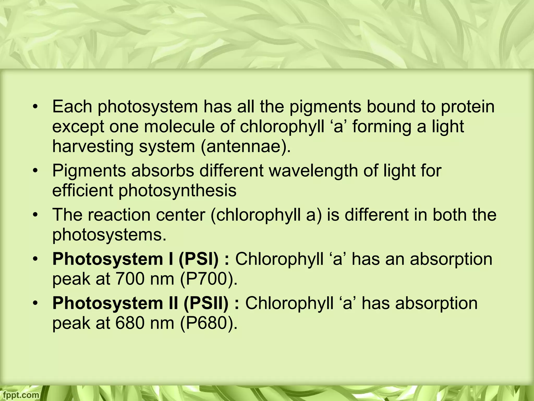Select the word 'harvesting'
click(x=93, y=147)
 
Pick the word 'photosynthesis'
click(x=178, y=191)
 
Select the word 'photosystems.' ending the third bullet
click(x=109, y=235)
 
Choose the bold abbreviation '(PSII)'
click(x=206, y=303)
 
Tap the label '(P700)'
click(x=208, y=279)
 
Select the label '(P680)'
click(x=208, y=323)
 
